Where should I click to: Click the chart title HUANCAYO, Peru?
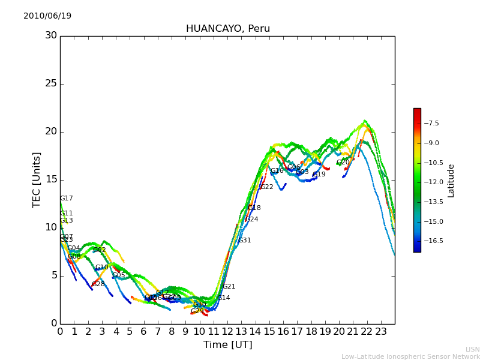click(227, 29)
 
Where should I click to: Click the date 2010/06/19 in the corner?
click(47, 16)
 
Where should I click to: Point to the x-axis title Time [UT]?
click(227, 345)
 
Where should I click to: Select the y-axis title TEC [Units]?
click(37, 179)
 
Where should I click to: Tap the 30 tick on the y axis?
click(51, 35)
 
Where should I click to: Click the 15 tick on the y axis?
click(51, 179)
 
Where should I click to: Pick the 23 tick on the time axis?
click(381, 331)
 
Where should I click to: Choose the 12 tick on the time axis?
click(227, 331)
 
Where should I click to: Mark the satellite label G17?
click(66, 199)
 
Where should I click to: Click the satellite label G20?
click(343, 163)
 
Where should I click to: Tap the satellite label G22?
click(266, 187)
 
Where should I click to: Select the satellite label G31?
click(244, 241)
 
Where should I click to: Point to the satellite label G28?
click(98, 284)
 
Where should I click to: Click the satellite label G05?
click(119, 275)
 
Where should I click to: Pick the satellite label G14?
click(223, 298)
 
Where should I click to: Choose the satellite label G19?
click(319, 175)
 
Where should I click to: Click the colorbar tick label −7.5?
click(431, 123)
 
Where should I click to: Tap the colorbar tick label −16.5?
click(434, 241)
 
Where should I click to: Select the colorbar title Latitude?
click(451, 180)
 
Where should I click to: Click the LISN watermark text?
click(472, 349)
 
